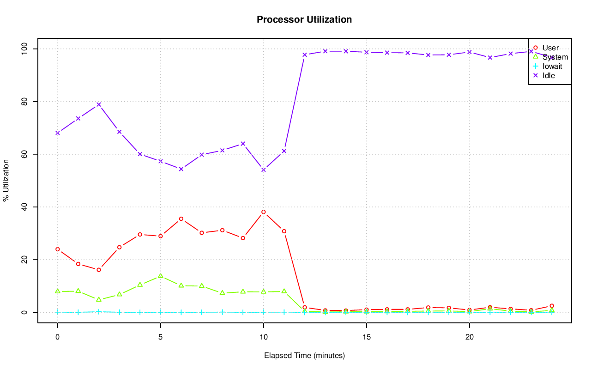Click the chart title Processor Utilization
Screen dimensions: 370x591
click(304, 19)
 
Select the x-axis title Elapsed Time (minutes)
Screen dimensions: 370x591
click(304, 356)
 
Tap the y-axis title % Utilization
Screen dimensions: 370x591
click(6, 181)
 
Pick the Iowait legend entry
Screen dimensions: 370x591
click(552, 66)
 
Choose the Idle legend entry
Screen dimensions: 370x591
click(549, 75)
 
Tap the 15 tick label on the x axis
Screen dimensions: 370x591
click(367, 337)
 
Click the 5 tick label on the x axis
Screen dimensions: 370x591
click(161, 337)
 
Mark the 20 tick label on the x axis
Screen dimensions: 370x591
click(470, 337)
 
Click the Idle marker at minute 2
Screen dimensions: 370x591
click(99, 104)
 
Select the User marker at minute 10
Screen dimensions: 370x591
click(264, 212)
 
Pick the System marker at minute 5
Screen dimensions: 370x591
click(161, 276)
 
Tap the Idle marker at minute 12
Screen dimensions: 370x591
click(305, 55)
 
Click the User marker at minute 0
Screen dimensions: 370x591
click(58, 249)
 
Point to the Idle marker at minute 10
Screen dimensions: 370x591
click(264, 170)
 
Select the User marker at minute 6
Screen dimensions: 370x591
click(181, 218)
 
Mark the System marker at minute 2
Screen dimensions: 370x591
click(99, 299)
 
